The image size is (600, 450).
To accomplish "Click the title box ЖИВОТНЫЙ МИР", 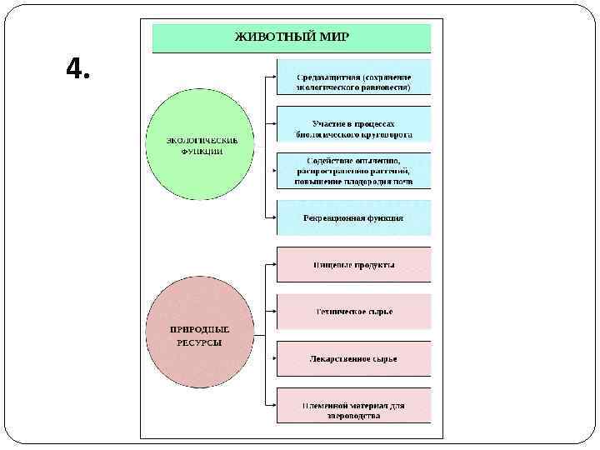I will tap(291, 37).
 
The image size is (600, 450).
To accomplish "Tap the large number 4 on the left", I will tap(78, 70).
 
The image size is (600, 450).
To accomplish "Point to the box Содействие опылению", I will tap(353, 171).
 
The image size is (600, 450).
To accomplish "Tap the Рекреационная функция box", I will tap(353, 217).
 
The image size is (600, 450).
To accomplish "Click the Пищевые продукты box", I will tap(353, 265).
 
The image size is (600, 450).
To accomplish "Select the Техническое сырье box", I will tap(353, 312).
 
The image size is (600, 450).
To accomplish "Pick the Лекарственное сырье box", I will tap(353, 358).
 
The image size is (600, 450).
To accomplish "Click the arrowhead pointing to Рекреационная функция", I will tap(274, 217).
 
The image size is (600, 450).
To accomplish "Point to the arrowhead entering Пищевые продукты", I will tap(274, 265).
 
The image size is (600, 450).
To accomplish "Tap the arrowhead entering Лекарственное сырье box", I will tap(274, 358).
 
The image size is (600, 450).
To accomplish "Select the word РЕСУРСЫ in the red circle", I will tap(199, 342).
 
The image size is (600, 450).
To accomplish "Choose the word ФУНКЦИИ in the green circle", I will tap(199, 152).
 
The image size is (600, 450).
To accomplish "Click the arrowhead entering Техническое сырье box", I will tap(274, 312).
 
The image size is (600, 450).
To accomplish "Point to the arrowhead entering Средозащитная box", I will tap(274, 77).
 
